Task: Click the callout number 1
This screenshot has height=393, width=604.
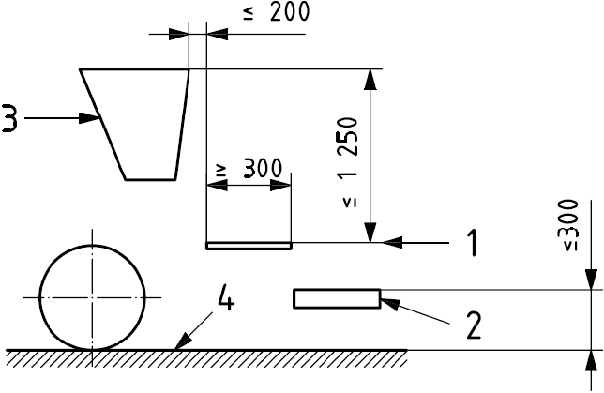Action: pyautogui.click(x=472, y=243)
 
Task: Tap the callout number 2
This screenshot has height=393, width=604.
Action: pyautogui.click(x=474, y=325)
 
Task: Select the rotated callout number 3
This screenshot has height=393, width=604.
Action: pyautogui.click(x=9, y=118)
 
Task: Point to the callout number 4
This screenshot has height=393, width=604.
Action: pyautogui.click(x=226, y=297)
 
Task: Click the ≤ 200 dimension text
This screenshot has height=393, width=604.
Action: pyautogui.click(x=276, y=11)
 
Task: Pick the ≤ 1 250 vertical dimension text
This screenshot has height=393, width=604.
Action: pyautogui.click(x=350, y=162)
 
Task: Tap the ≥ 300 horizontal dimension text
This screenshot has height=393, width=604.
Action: pyautogui.click(x=250, y=169)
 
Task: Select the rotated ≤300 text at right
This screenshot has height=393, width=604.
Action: pyautogui.click(x=570, y=225)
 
